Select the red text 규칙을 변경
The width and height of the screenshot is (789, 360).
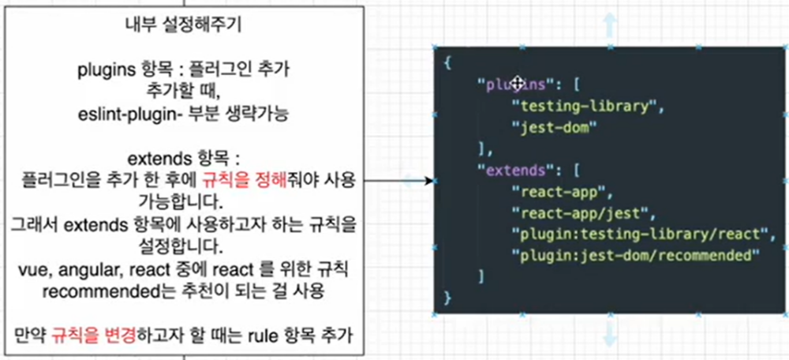(83, 336)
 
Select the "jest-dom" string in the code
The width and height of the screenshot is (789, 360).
(552, 127)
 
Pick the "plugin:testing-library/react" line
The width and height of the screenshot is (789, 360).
(639, 234)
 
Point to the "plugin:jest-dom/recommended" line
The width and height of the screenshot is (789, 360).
(635, 255)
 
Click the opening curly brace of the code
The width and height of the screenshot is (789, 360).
(447, 62)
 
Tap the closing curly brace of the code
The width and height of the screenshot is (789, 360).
(447, 298)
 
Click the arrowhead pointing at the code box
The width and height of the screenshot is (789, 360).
(429, 181)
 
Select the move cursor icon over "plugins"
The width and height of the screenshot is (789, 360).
(518, 83)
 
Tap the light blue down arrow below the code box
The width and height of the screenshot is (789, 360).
(610, 336)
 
